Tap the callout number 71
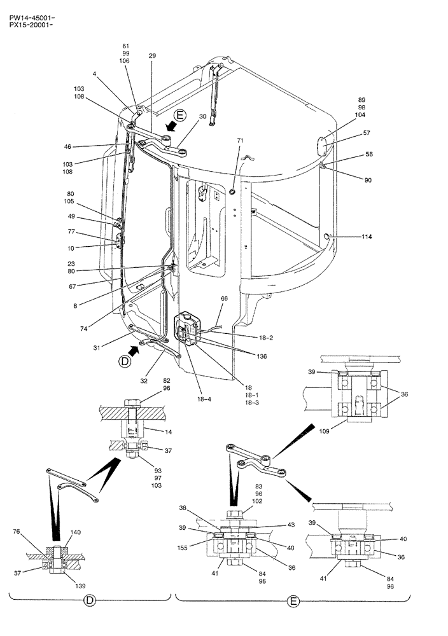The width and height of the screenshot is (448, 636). (x=241, y=139)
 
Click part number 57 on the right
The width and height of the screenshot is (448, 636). (x=367, y=133)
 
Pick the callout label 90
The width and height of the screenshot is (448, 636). (x=368, y=180)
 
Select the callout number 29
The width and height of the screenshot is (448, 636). (x=152, y=57)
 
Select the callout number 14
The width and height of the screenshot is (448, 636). (x=168, y=432)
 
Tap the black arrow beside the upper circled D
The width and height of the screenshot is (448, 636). (x=134, y=349)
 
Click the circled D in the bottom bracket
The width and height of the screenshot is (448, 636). (x=90, y=599)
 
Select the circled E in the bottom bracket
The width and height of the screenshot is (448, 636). (x=292, y=599)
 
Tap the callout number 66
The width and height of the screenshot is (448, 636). (x=224, y=298)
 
